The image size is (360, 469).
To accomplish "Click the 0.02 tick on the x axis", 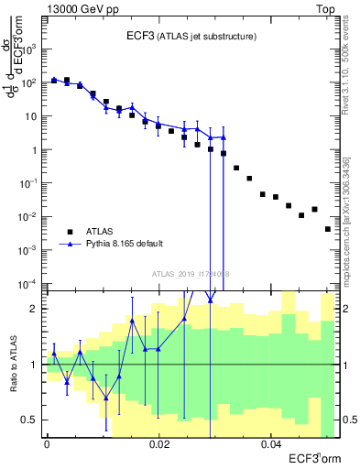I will tap(158, 443).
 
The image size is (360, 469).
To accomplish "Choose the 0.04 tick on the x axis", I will tap(271, 443).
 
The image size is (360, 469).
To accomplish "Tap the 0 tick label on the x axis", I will tap(47, 443).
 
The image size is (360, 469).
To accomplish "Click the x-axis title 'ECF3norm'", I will tap(313, 457).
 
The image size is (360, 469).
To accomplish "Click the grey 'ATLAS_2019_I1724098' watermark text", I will tap(191, 273).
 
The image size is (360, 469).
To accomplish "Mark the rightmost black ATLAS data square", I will tap(327, 229).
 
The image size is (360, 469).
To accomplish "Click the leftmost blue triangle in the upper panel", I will tap(54, 80).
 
